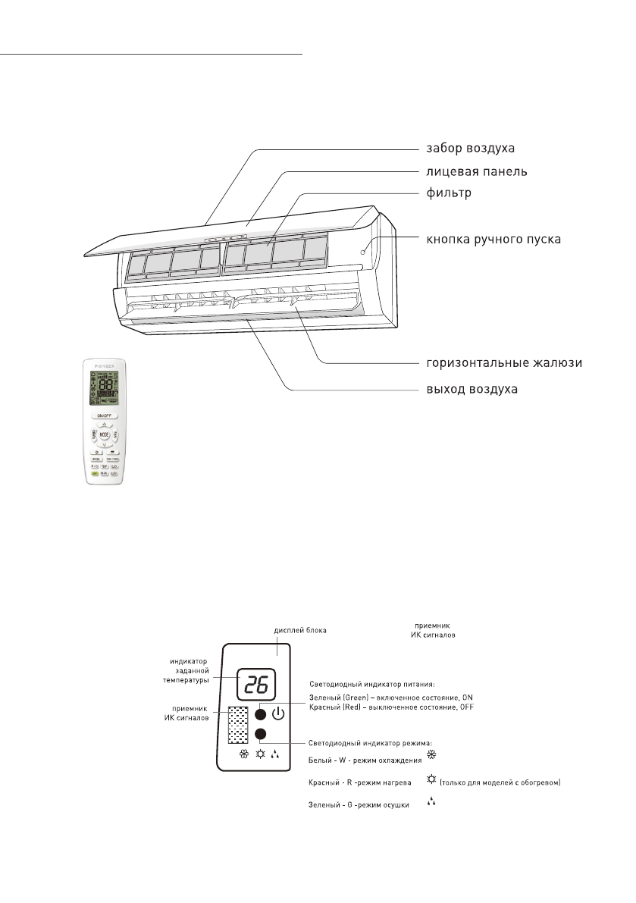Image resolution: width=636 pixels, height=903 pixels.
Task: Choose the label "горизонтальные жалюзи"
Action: (x=503, y=362)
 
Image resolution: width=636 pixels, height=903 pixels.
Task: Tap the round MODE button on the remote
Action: (x=104, y=435)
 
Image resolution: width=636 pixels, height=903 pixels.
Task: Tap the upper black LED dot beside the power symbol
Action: (x=260, y=713)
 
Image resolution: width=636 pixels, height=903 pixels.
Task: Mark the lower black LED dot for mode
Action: (x=260, y=734)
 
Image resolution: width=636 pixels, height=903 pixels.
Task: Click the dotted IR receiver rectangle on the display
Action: (x=238, y=725)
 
